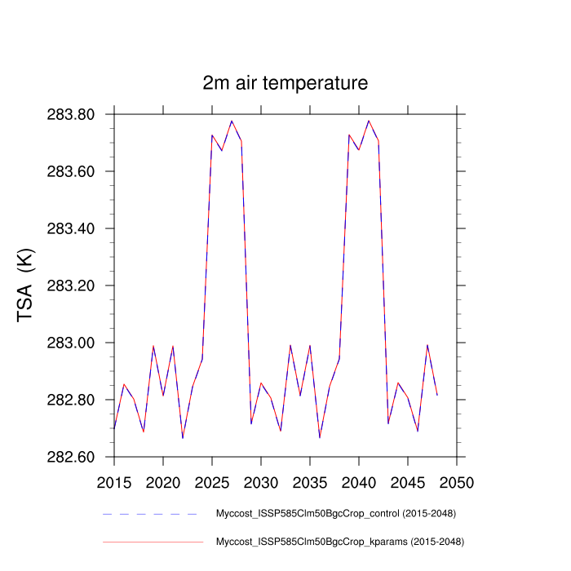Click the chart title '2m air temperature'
pos(285,83)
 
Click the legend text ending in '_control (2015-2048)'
pos(335,514)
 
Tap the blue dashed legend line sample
pos(153,514)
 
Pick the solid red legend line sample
pos(153,542)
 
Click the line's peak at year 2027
pos(232,121)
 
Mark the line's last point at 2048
pos(437,396)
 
